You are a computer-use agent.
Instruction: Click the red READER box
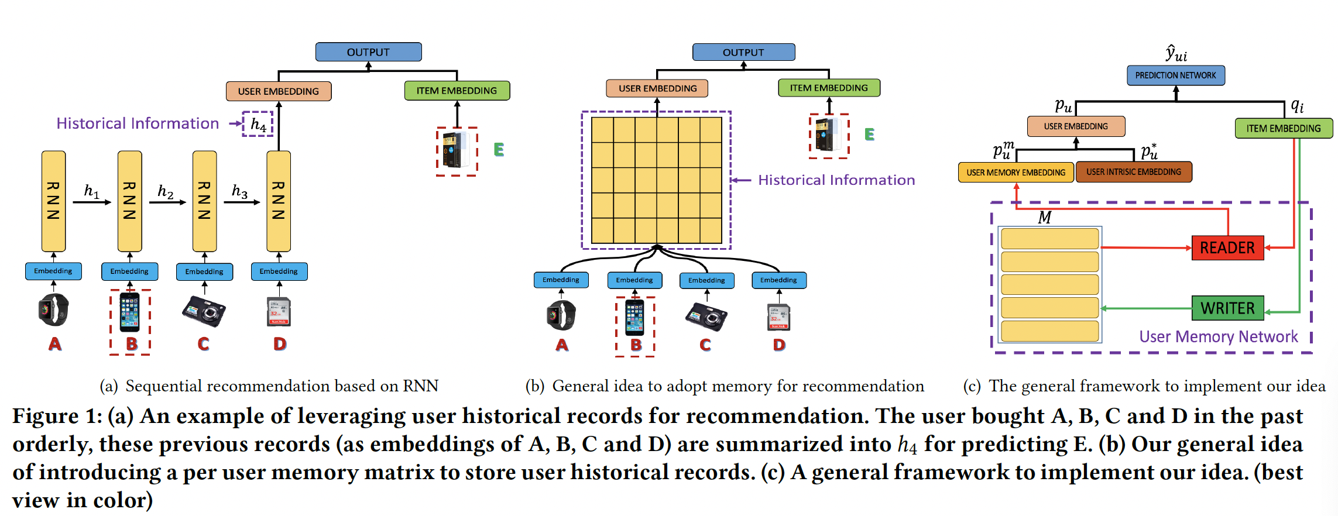(x=1227, y=247)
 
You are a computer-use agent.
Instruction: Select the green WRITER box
(x=1227, y=308)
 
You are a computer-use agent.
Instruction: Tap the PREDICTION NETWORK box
(x=1175, y=75)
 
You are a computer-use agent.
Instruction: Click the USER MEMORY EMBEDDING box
(x=1015, y=173)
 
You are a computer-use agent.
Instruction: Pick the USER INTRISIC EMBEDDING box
(x=1133, y=172)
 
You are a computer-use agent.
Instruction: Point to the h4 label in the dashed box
(x=258, y=124)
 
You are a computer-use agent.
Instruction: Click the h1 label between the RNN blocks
(x=91, y=191)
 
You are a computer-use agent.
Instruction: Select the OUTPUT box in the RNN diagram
(x=368, y=52)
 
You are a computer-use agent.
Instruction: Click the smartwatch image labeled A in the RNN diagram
(x=54, y=309)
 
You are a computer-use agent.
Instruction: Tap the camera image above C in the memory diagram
(x=706, y=317)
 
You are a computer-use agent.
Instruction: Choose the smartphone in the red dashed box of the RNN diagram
(x=130, y=312)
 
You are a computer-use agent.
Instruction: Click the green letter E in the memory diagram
(x=869, y=135)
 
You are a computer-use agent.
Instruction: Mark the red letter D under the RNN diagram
(x=280, y=344)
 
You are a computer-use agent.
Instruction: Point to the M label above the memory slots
(x=1044, y=218)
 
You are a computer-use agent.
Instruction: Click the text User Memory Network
(x=1218, y=336)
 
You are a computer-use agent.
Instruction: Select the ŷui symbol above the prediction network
(x=1176, y=54)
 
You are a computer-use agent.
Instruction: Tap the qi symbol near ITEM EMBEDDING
(x=1297, y=106)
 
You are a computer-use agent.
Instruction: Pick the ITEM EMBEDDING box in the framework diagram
(x=1283, y=129)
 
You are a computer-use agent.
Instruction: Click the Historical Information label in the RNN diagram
(x=138, y=123)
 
